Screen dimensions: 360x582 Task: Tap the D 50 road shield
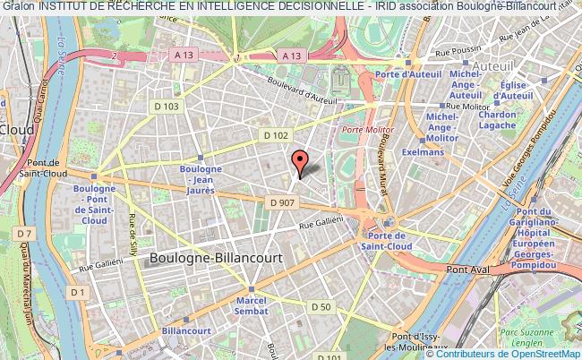[322, 308]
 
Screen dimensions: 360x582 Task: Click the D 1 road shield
[79, 292]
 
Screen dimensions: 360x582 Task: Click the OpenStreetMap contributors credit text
[506, 353]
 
